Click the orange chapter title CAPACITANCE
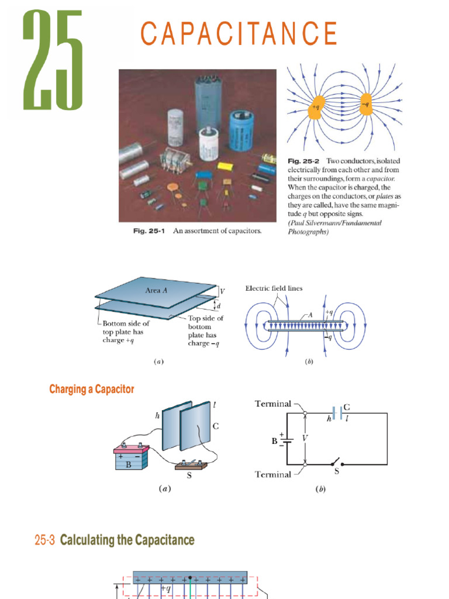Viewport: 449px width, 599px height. [239, 34]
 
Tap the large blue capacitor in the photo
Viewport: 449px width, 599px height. [241, 131]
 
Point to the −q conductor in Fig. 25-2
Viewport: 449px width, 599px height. [366, 106]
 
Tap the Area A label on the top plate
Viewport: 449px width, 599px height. [156, 290]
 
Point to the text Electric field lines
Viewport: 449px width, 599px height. [274, 288]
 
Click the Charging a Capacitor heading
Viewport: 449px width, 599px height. [92, 389]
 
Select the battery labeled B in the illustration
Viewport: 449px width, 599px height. [130, 458]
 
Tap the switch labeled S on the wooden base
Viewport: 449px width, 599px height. [189, 466]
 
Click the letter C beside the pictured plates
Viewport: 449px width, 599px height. [215, 427]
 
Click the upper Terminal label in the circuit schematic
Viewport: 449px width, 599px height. [272, 404]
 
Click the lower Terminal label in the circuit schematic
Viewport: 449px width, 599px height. [272, 474]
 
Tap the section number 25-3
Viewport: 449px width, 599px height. [45, 540]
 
